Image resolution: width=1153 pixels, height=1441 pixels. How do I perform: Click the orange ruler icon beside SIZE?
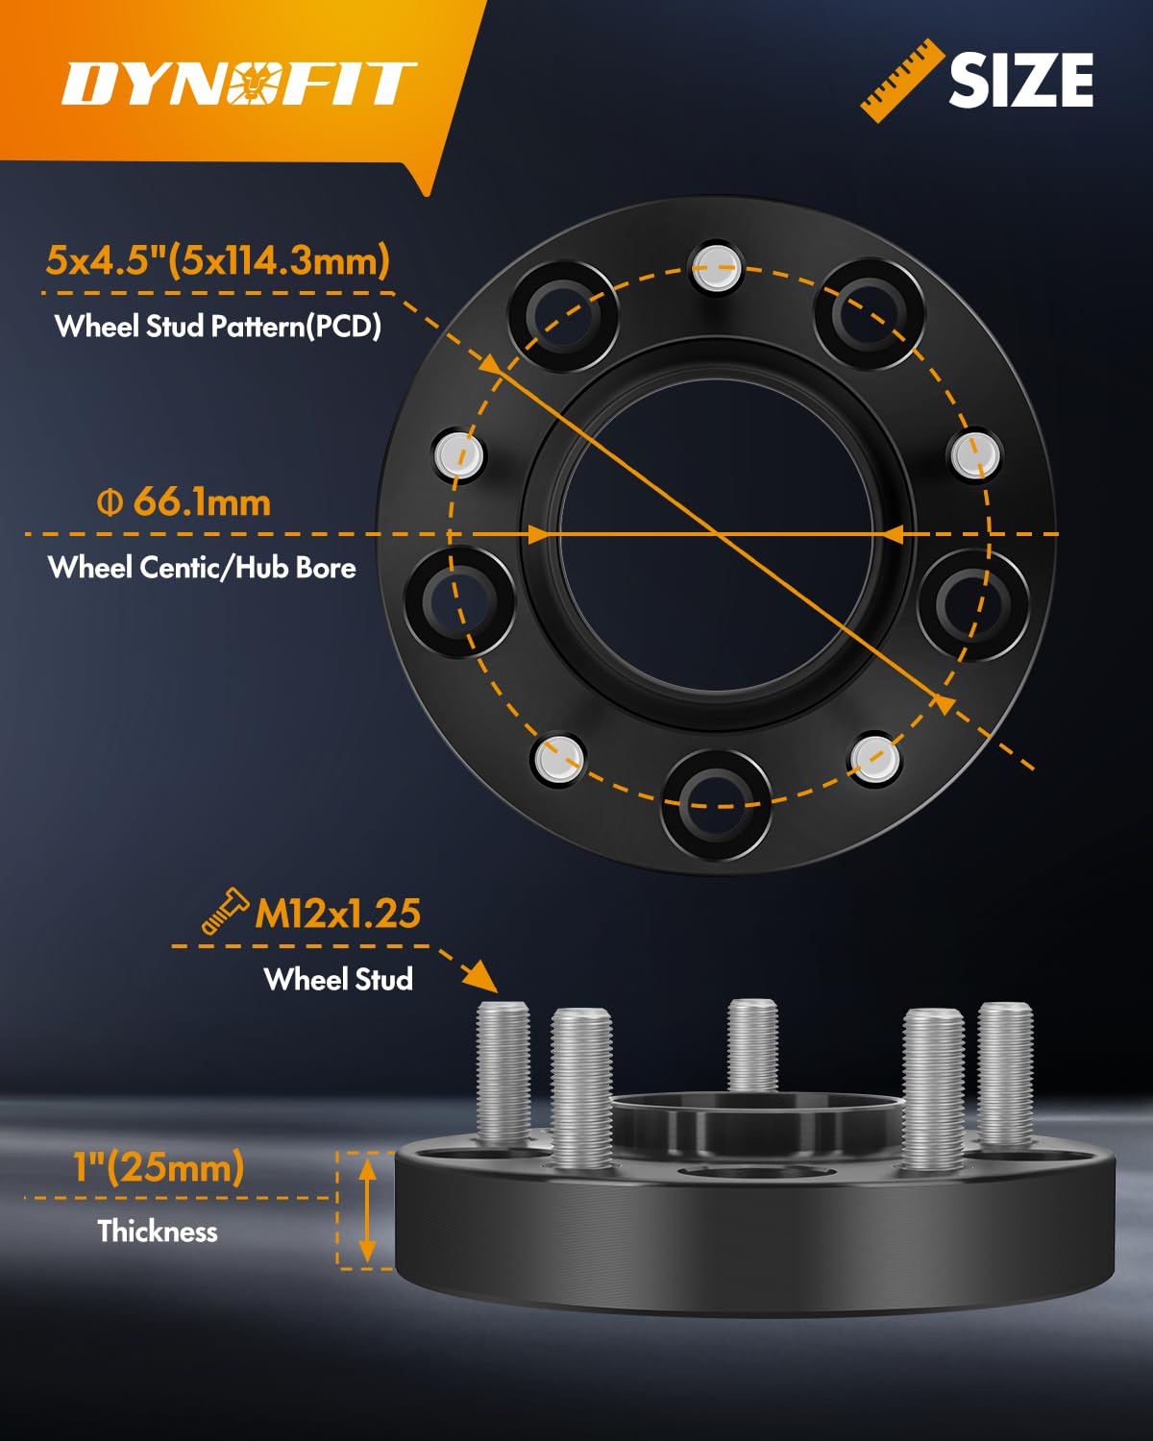click(901, 81)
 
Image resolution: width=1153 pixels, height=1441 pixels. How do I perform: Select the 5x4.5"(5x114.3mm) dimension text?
click(218, 260)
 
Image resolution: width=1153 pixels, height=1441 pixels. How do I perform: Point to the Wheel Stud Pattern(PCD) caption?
click(218, 327)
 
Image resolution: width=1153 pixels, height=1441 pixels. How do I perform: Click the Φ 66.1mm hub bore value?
click(184, 501)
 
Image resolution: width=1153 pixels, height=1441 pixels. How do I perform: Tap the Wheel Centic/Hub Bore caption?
click(202, 567)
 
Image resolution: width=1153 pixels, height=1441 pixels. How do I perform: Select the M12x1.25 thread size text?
click(337, 913)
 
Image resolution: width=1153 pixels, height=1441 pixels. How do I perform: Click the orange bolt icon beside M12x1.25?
click(223, 912)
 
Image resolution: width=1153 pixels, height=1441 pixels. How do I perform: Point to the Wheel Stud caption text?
click(338, 979)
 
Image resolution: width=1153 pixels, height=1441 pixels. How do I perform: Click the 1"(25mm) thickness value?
click(159, 1167)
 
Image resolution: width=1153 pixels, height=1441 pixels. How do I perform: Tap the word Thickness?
click(158, 1231)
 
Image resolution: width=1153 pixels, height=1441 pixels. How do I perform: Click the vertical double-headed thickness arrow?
click(367, 1210)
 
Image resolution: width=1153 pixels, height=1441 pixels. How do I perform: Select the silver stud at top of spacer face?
click(717, 268)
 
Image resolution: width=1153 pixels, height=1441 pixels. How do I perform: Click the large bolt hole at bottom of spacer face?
click(716, 805)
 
